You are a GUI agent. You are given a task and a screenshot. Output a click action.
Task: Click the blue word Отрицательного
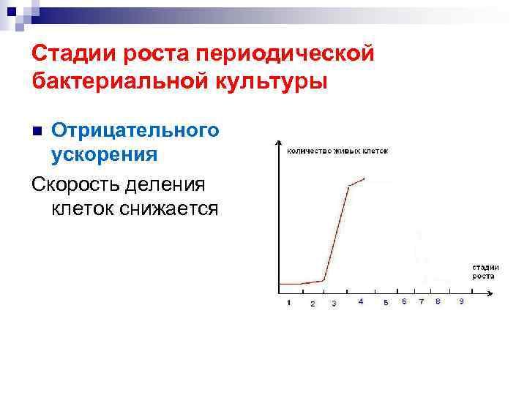click(135, 130)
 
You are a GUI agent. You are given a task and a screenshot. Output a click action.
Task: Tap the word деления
click(178, 183)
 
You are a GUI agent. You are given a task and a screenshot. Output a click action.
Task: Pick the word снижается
click(168, 208)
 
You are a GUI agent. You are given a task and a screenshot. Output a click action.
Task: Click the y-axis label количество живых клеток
click(337, 151)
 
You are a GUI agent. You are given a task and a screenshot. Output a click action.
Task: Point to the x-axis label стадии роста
click(484, 271)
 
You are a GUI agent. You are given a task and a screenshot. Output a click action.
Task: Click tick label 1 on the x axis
click(288, 302)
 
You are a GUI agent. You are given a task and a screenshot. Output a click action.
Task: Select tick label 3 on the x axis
click(334, 303)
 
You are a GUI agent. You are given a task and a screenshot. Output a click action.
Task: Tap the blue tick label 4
click(361, 301)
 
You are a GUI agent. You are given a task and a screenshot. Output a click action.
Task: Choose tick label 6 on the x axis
click(404, 301)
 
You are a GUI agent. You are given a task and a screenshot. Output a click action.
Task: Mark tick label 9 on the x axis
click(460, 301)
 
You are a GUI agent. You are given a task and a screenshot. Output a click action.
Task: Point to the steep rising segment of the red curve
click(336, 233)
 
